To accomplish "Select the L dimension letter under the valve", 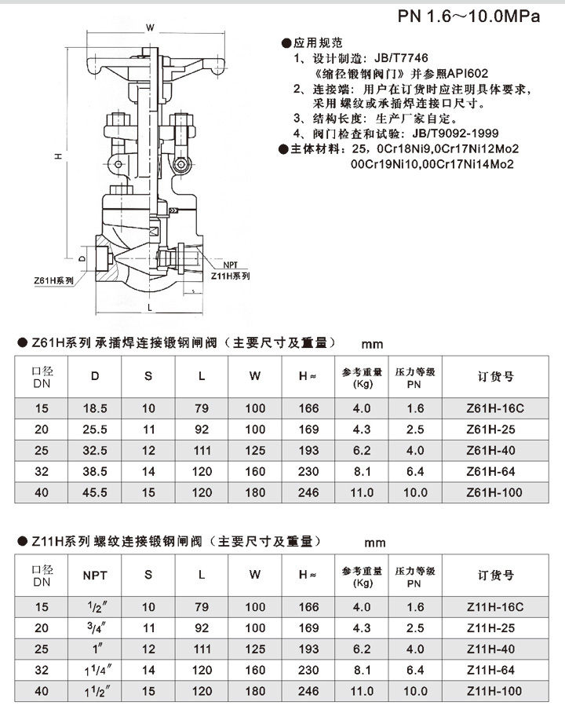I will coord(148,308).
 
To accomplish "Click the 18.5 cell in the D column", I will coord(95,409).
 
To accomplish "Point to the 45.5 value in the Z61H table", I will coord(95,493).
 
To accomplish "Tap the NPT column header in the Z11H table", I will coord(95,576).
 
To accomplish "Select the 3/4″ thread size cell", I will coord(95,627).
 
